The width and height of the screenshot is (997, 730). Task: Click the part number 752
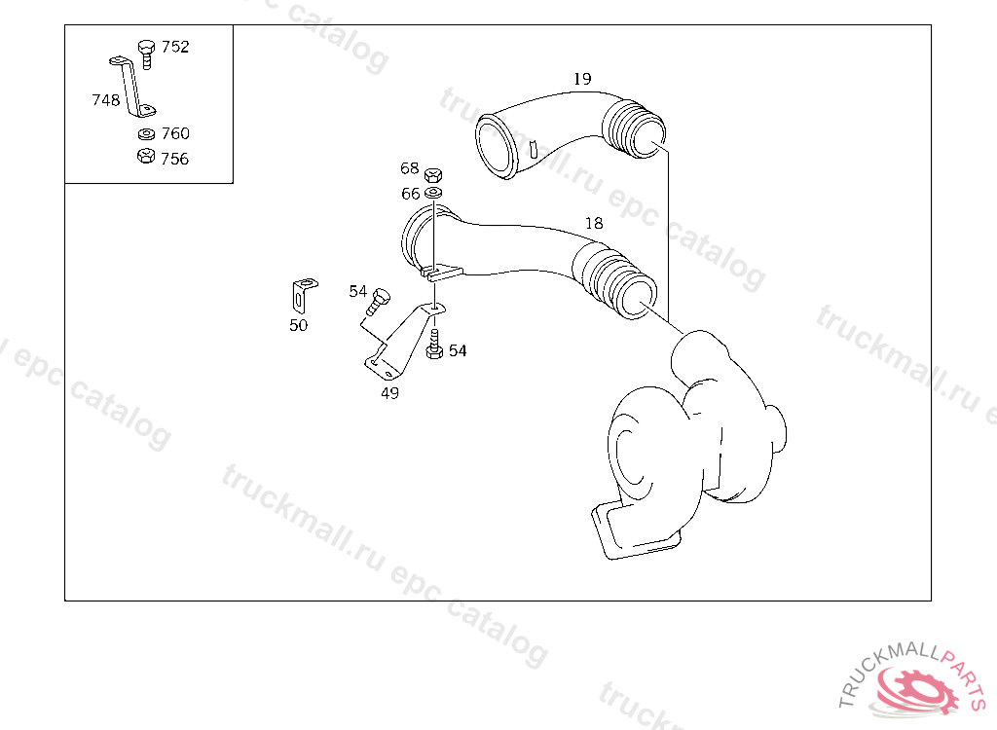click(x=175, y=47)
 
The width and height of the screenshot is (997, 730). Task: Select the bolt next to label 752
click(x=146, y=55)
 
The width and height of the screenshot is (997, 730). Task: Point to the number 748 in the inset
click(x=105, y=100)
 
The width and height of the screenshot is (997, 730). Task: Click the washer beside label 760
click(x=146, y=134)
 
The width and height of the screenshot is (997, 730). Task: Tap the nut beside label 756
click(x=146, y=156)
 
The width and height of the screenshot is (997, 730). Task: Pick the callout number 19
click(x=582, y=79)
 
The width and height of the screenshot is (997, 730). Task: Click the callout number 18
click(x=594, y=223)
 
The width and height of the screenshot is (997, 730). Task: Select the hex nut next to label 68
click(x=433, y=175)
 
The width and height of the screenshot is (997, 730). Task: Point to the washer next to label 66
click(x=433, y=193)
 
